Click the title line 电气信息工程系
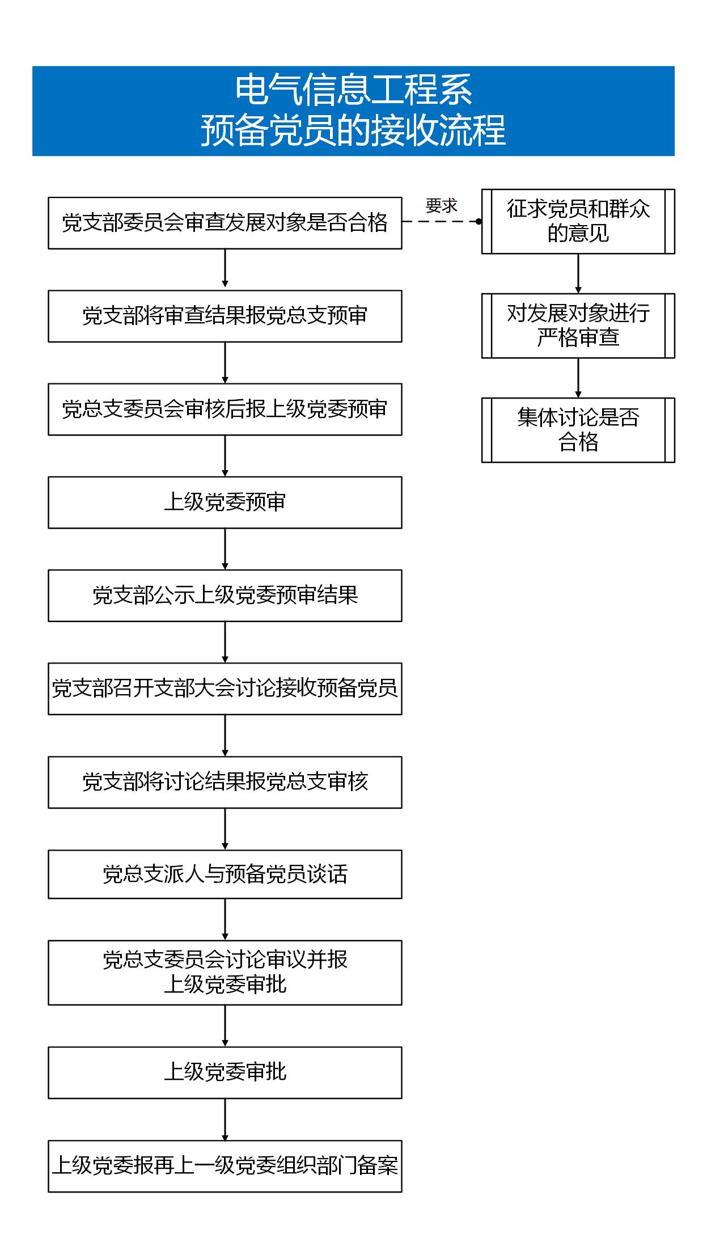[x=354, y=90]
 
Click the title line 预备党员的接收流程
[x=353, y=130]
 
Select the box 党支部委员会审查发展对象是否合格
[x=225, y=223]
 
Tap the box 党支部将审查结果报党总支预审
[x=225, y=316]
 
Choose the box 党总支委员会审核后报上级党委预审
[x=225, y=409]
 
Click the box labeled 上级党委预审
[x=225, y=502]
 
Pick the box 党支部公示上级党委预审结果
[x=225, y=595]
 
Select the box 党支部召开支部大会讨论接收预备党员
[x=225, y=688]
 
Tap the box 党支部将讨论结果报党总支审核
[x=225, y=782]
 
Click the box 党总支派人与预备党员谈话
[x=225, y=874]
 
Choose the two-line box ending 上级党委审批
[x=225, y=973]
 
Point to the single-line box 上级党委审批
[x=225, y=1072]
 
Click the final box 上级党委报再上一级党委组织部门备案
[x=225, y=1166]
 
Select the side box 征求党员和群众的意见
[x=578, y=221]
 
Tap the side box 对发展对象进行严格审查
[x=578, y=326]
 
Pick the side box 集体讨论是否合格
[x=578, y=430]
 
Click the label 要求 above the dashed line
[x=442, y=206]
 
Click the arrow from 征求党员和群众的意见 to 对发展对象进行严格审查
[x=578, y=273]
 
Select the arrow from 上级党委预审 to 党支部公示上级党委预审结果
[x=225, y=549]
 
